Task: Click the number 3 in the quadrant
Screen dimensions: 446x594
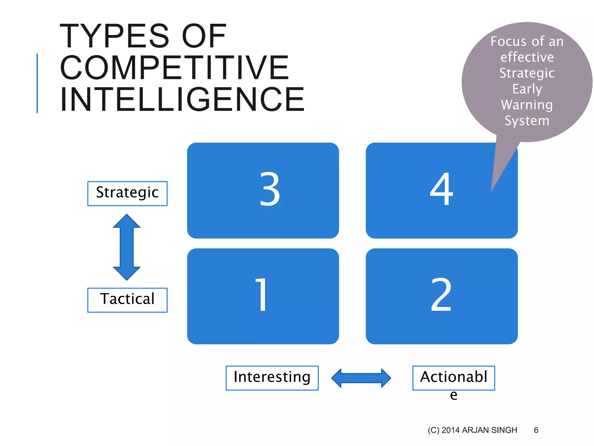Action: pyautogui.click(x=270, y=189)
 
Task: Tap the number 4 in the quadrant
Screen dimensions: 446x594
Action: pyautogui.click(x=441, y=189)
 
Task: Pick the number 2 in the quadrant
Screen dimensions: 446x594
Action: pyautogui.click(x=441, y=294)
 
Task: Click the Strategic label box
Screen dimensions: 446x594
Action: pyautogui.click(x=127, y=193)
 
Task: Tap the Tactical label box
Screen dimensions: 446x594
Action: pyautogui.click(x=127, y=300)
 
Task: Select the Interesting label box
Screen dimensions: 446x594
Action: pyautogui.click(x=272, y=378)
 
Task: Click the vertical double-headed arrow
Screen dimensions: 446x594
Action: pyautogui.click(x=127, y=247)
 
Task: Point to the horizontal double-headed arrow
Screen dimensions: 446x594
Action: pyautogui.click(x=361, y=378)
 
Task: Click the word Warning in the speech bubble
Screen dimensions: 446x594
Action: pyautogui.click(x=527, y=105)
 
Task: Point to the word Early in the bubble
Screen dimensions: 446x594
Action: pyautogui.click(x=527, y=89)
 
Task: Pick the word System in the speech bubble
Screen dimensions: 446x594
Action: pyautogui.click(x=527, y=121)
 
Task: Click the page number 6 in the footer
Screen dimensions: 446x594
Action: pyautogui.click(x=536, y=430)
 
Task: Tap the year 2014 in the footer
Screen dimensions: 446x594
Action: pyautogui.click(x=451, y=430)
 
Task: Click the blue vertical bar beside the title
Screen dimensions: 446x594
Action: pyautogui.click(x=37, y=83)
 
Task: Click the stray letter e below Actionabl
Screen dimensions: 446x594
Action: pyautogui.click(x=454, y=395)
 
